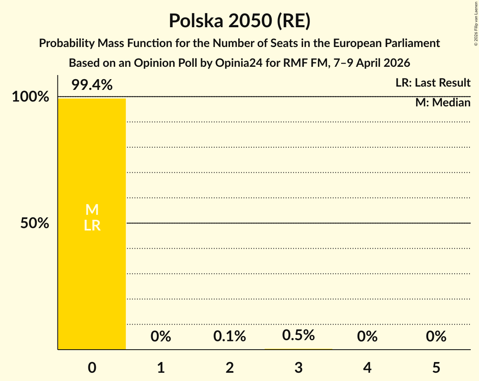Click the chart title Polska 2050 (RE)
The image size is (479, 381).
[239, 21]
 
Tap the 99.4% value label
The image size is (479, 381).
[92, 85]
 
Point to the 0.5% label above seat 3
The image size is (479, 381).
[299, 335]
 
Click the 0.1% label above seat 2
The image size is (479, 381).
[230, 337]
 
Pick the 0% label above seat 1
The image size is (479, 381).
[161, 337]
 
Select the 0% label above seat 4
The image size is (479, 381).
[368, 337]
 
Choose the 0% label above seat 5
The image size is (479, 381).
[436, 337]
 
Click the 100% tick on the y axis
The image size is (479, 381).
[30, 97]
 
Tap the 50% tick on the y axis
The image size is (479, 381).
[35, 223]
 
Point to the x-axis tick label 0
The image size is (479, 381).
[92, 367]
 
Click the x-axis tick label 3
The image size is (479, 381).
[299, 367]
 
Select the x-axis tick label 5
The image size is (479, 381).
[436, 367]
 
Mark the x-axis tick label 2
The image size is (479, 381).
[230, 367]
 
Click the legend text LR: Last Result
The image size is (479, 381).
[433, 83]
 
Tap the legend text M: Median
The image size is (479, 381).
[443, 103]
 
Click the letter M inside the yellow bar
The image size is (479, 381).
[92, 210]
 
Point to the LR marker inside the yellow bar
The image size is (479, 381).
[92, 226]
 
